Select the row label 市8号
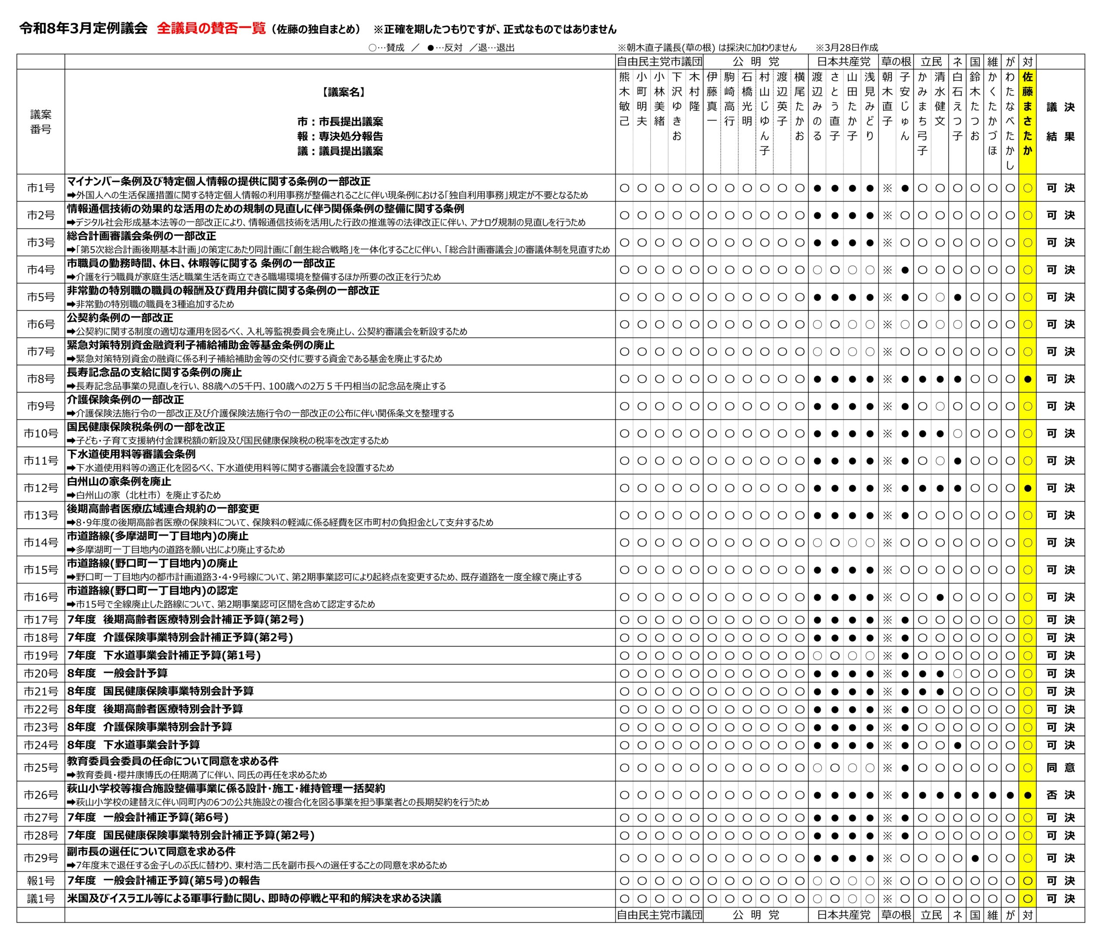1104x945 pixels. pyautogui.click(x=41, y=379)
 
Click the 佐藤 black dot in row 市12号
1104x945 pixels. pyautogui.click(x=1027, y=488)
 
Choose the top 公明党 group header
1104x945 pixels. pyautogui.click(x=755, y=62)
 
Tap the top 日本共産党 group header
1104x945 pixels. pyautogui.click(x=843, y=62)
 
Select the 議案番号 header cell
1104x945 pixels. pyautogui.click(x=41, y=122)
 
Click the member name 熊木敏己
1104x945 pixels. pyautogui.click(x=624, y=100)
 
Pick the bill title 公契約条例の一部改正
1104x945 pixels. pyautogui.click(x=120, y=318)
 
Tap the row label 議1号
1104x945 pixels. pyautogui.click(x=41, y=899)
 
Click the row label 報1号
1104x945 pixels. pyautogui.click(x=41, y=881)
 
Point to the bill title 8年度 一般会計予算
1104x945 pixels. pyautogui.click(x=117, y=674)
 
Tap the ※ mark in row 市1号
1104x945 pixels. pyautogui.click(x=887, y=188)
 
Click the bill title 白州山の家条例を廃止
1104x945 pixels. pyautogui.click(x=119, y=481)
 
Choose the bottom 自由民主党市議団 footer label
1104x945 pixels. pyautogui.click(x=659, y=915)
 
